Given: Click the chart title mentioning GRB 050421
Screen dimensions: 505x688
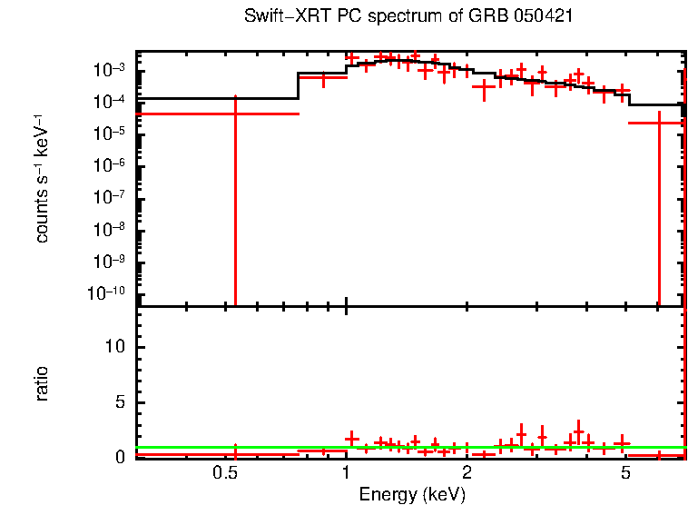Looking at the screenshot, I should pyautogui.click(x=408, y=17).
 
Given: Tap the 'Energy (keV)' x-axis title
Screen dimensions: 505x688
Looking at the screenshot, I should pyautogui.click(x=412, y=494).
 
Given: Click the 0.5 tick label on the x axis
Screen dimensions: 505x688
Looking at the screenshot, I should pyautogui.click(x=224, y=474).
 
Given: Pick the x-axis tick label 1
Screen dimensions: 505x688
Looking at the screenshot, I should pyautogui.click(x=346, y=474).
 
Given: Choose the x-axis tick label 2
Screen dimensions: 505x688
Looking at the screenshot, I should pyautogui.click(x=467, y=474).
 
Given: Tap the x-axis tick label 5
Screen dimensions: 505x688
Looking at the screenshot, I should pyautogui.click(x=625, y=474).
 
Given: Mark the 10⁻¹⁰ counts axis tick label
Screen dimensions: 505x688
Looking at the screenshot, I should pyautogui.click(x=108, y=292).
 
